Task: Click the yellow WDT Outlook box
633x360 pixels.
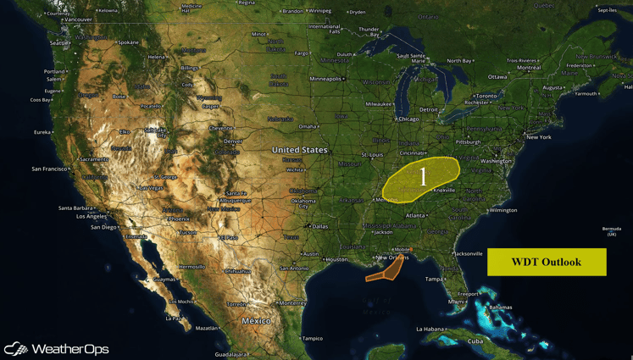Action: click(x=547, y=262)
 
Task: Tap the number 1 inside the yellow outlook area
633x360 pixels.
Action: click(x=423, y=176)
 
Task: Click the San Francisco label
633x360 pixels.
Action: click(x=49, y=169)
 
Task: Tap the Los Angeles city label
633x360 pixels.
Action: click(x=91, y=216)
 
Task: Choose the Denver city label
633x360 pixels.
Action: click(x=233, y=141)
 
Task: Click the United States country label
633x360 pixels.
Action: click(x=299, y=150)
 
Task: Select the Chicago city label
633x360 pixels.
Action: click(x=408, y=119)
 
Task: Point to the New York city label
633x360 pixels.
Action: click(x=538, y=137)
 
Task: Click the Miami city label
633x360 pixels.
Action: click(x=457, y=302)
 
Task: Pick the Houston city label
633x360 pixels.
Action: click(x=336, y=259)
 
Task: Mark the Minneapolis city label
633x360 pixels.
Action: click(x=325, y=79)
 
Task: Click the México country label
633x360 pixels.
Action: click(x=256, y=321)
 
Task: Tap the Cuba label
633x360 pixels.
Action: click(x=475, y=341)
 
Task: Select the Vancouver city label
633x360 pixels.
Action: click(x=78, y=19)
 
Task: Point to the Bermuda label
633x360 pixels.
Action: click(x=611, y=230)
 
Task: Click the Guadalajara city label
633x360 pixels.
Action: click(x=231, y=355)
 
